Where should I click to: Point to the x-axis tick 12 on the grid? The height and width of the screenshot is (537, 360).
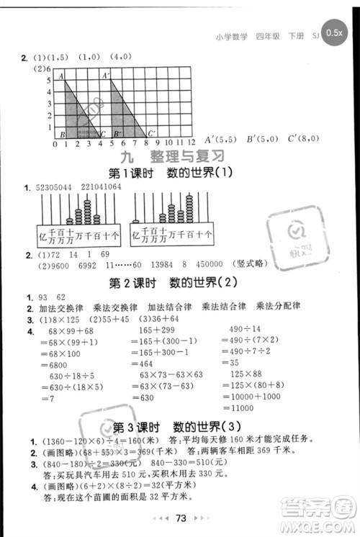pos(191,144)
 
